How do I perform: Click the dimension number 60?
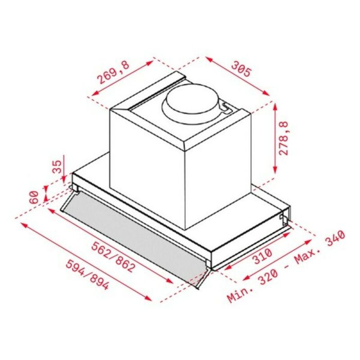34,196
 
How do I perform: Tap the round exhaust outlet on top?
190,101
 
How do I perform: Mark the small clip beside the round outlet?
225,106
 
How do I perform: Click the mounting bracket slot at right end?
284,219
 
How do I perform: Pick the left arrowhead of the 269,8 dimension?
93,95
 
